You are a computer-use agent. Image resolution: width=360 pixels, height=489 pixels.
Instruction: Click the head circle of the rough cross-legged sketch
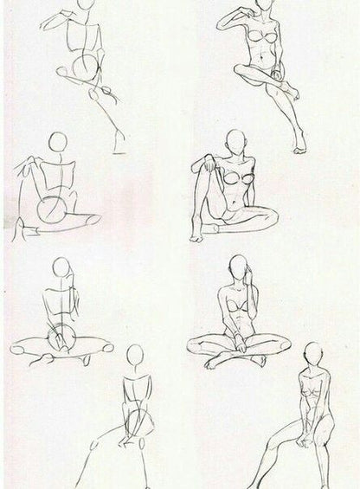[x=61, y=268]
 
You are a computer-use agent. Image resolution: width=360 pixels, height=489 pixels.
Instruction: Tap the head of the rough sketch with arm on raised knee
[x=57, y=142]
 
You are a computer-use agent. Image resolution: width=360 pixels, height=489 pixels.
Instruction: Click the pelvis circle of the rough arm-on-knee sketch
[x=52, y=210]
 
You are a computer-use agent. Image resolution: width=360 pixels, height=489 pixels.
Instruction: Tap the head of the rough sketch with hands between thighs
[x=134, y=356]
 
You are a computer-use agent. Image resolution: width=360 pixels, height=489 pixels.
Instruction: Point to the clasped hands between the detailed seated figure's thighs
[x=304, y=441]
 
